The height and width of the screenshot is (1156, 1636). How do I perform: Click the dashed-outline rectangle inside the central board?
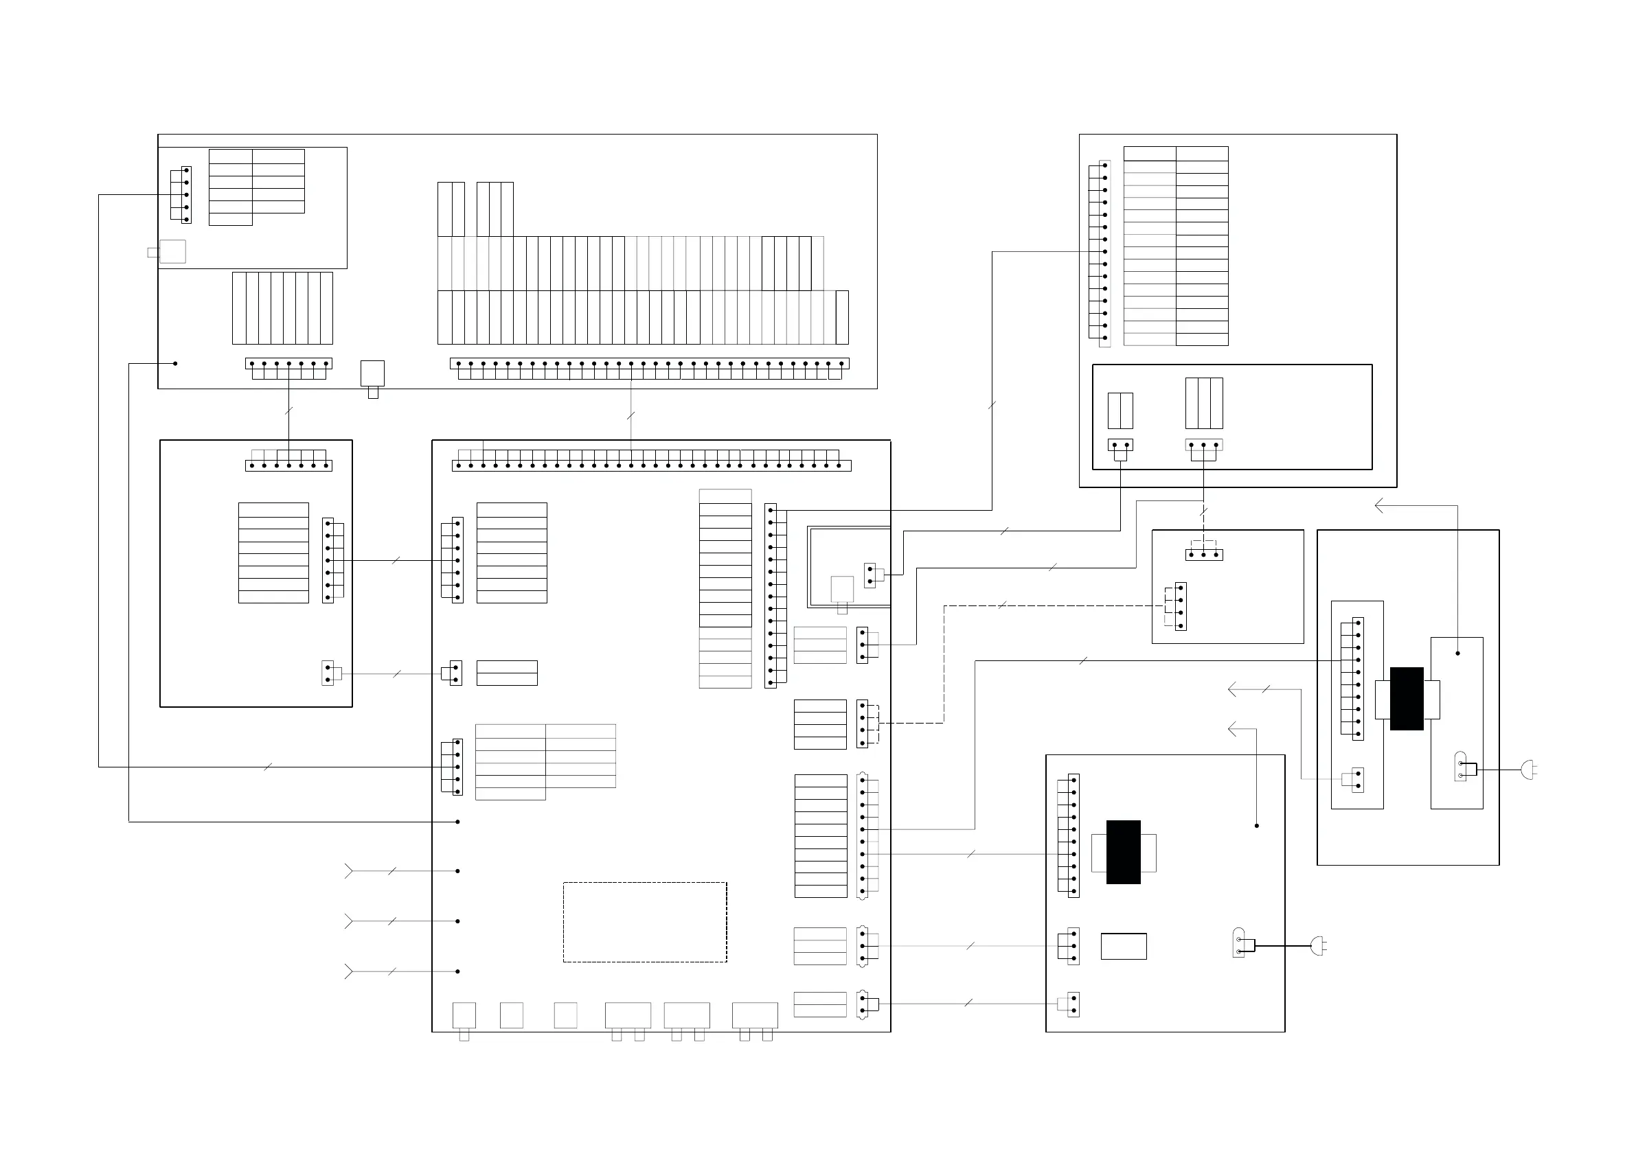click(x=644, y=922)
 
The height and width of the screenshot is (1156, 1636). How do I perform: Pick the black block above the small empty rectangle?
click(x=1123, y=852)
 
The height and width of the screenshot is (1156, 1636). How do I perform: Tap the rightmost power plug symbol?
click(x=1527, y=770)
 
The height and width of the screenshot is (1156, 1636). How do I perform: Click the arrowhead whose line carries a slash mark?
click(x=1234, y=689)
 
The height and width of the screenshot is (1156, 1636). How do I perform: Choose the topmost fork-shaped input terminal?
click(x=348, y=871)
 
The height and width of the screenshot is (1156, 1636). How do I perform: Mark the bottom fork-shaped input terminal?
click(x=348, y=971)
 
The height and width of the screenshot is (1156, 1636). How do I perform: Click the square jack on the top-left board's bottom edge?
click(x=373, y=373)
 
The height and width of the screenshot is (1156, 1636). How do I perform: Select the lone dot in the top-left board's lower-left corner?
click(x=175, y=363)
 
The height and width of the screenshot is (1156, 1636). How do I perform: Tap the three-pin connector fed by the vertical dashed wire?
click(x=1204, y=554)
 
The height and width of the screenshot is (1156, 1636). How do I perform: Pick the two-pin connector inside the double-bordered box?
click(x=870, y=575)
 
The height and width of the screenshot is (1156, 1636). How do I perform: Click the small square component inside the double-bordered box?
click(x=842, y=589)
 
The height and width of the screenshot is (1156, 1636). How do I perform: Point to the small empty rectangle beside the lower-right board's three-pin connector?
click(x=1124, y=946)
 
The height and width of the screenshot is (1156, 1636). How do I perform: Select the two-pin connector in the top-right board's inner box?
click(x=1120, y=445)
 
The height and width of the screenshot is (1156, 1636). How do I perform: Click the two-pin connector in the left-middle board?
click(x=328, y=673)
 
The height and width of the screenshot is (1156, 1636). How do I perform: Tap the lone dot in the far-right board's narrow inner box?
click(x=1457, y=653)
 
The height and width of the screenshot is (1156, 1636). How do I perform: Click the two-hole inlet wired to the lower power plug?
click(x=1238, y=943)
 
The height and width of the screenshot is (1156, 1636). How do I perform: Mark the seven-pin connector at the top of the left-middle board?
click(x=288, y=465)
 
